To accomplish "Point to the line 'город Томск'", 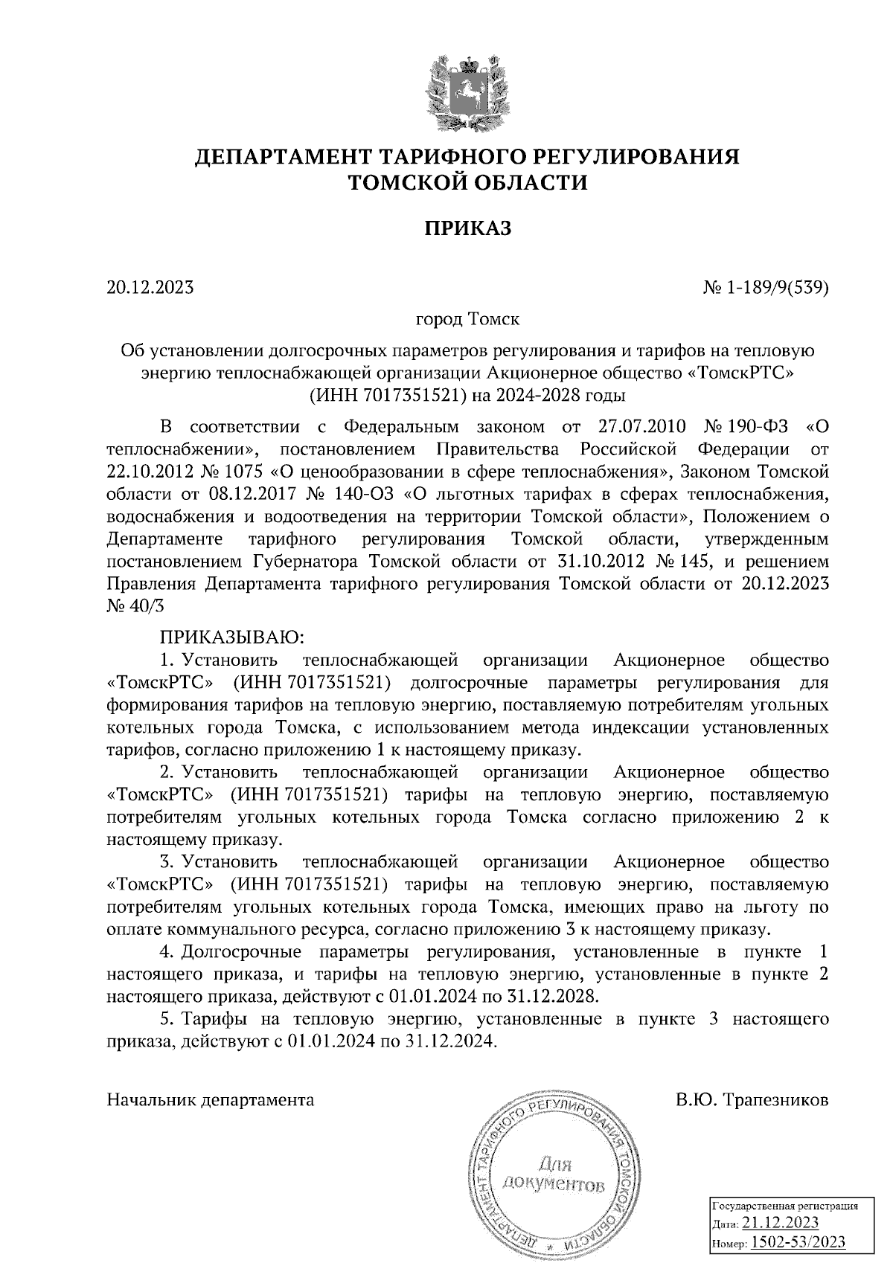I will (x=467, y=320).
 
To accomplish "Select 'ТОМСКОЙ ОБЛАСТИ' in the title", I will (x=468, y=182).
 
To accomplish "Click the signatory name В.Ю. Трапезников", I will (x=752, y=1100).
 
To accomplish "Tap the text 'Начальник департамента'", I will (x=211, y=1100).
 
